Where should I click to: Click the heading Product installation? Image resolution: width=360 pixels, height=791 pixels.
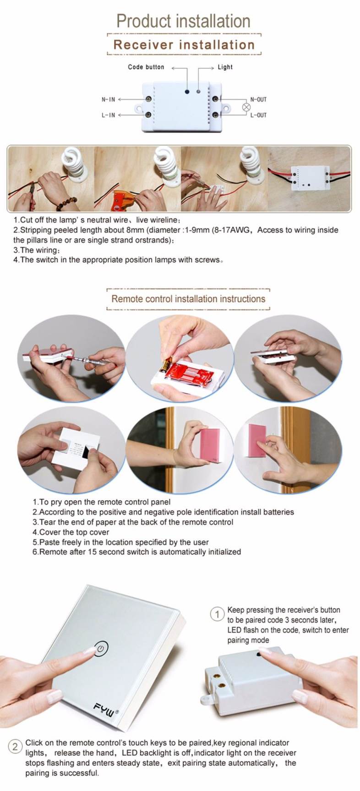pos(183,21)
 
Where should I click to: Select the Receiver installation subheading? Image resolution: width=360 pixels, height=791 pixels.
pos(184,45)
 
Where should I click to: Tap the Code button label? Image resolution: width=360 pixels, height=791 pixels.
pos(146,67)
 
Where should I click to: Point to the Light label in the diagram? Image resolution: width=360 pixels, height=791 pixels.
pos(225,67)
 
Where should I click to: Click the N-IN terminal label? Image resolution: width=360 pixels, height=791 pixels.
pos(108,99)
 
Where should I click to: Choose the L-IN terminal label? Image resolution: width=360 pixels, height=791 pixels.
pos(108,115)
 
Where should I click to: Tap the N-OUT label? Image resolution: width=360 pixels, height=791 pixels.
pos(258,99)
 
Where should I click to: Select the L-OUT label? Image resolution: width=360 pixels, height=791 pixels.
pos(258,115)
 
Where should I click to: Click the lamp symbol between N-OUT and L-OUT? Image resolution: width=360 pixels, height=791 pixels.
pos(246,107)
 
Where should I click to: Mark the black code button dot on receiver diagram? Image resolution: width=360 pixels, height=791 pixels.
pos(187,92)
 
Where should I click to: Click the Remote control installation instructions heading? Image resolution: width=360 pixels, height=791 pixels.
pos(188,299)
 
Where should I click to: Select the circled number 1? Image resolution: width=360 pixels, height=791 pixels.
pos(217,614)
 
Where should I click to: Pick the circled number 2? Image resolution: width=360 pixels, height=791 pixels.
pos(15,747)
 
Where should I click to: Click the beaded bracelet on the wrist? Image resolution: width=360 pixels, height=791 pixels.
pos(67,202)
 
